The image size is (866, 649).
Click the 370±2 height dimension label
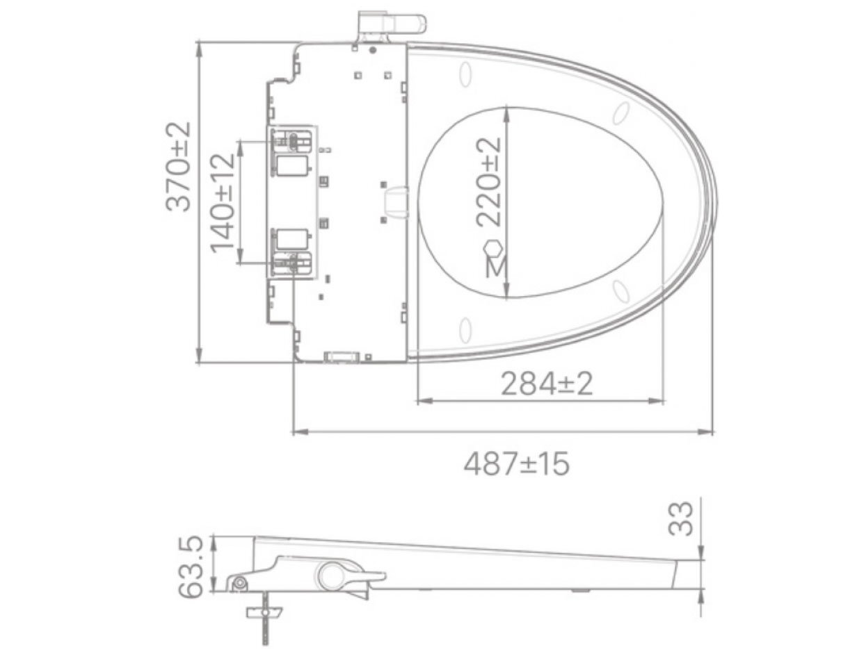178,166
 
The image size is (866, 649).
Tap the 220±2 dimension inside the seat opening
488,182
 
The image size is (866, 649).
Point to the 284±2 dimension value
547,384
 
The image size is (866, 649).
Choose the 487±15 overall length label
517,463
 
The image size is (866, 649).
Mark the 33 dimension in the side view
686,518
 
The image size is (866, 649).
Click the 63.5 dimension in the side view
191,566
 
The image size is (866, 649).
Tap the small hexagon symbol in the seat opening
492,248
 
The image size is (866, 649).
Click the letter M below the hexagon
495,268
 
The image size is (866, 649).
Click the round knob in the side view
332,575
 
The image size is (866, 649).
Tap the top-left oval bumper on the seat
466,73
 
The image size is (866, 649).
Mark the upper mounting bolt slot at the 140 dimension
293,141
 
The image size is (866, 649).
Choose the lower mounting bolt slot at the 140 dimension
293,262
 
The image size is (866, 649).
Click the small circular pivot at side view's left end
240,583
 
